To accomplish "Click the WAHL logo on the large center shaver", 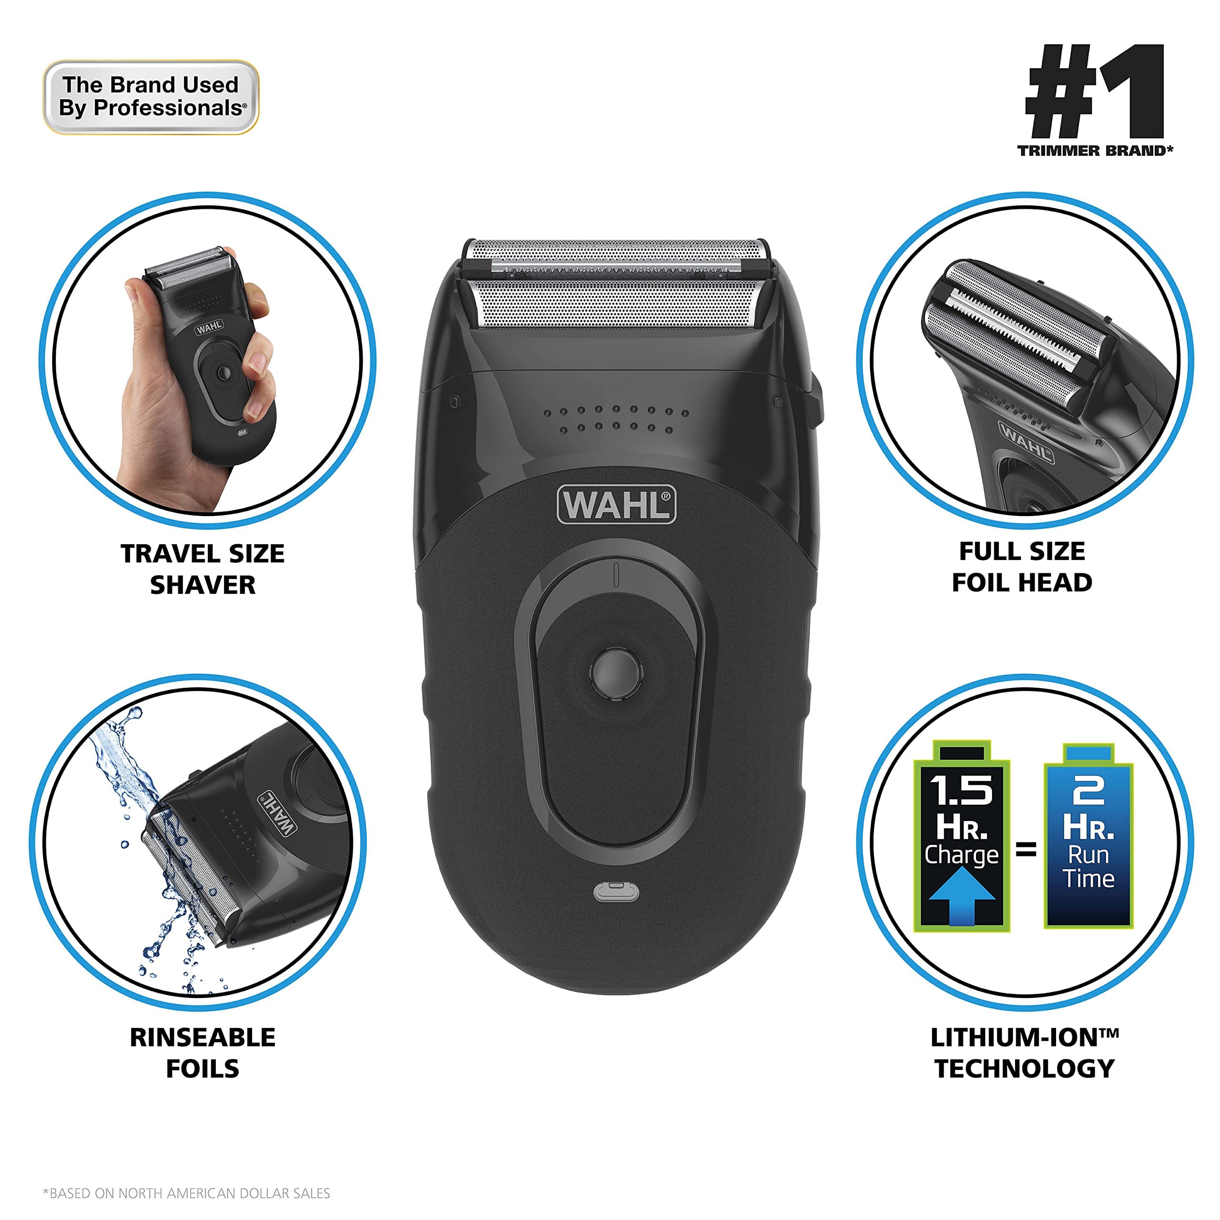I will tap(616, 505).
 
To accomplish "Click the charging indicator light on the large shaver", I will tap(616, 892).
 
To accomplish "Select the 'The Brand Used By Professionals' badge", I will tap(151, 97).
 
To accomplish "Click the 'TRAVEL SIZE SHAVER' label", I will tap(203, 569).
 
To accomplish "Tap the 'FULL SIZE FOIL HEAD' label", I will tap(1022, 567).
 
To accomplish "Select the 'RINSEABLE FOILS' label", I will tap(203, 1053).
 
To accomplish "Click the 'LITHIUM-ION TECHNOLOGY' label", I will tap(1024, 1053).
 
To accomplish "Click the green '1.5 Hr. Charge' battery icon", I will tap(961, 837).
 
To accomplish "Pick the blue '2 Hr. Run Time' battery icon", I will tap(1088, 837).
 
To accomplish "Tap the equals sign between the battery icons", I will tap(1026, 849).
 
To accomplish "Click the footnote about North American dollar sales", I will tap(186, 1193).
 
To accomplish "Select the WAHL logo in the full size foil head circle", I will tap(1026, 443).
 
